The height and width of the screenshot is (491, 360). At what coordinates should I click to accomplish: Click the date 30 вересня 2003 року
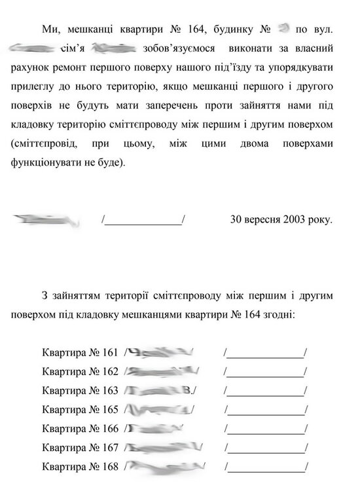281,220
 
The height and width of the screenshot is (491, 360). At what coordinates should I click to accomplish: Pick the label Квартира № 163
79,391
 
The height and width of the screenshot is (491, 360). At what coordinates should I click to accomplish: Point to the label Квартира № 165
79,410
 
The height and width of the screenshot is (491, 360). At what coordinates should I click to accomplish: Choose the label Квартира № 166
79,429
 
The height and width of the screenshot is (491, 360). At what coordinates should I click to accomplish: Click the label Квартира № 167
79,448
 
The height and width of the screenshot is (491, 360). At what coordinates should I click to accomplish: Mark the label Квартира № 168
79,467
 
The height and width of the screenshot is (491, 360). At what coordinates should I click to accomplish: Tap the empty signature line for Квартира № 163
265,393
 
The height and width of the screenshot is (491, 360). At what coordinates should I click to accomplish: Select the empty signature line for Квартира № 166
265,431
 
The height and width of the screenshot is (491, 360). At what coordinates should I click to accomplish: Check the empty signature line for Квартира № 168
265,469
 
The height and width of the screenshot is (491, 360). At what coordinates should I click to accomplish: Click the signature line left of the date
143,221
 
